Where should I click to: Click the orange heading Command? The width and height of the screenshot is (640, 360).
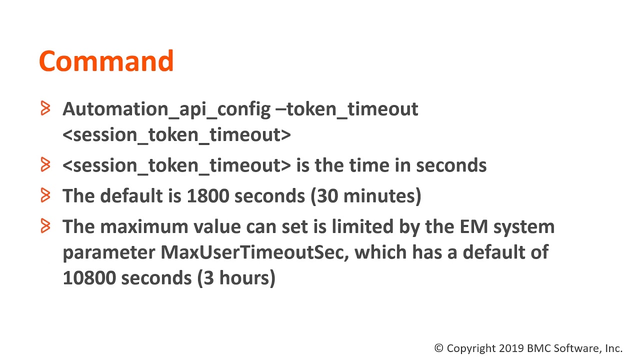coord(106,61)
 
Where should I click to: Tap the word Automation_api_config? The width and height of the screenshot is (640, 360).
coord(166,109)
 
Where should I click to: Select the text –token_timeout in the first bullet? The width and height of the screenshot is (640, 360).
coord(347,109)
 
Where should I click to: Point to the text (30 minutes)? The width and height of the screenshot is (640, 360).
coord(366,196)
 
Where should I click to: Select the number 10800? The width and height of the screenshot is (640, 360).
coord(89,277)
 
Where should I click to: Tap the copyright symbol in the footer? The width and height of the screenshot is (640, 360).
coord(439,348)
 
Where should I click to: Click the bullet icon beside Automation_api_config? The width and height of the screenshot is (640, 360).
coord(45,108)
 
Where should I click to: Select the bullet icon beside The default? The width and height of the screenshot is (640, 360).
coord(45,195)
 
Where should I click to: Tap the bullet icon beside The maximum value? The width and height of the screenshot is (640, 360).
coord(45,226)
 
